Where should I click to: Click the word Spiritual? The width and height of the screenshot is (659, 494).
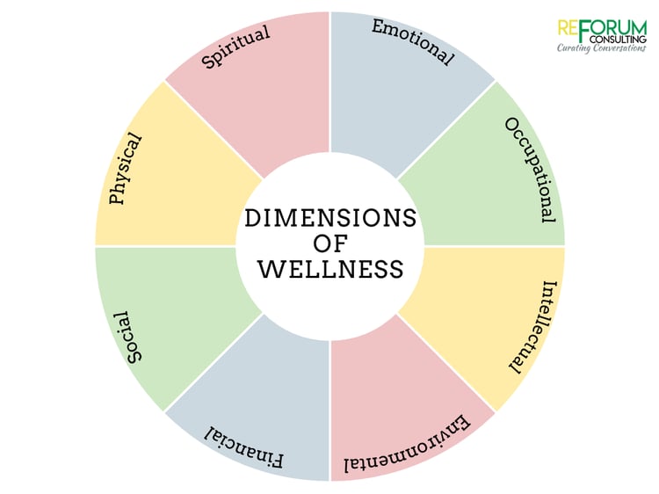[235, 47]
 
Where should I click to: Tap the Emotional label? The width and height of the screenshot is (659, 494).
[413, 42]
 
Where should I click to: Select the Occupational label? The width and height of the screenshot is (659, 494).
[531, 170]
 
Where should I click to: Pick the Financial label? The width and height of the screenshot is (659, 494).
[243, 447]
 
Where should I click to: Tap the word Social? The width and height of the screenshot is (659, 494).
[134, 338]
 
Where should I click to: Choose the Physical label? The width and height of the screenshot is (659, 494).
[126, 169]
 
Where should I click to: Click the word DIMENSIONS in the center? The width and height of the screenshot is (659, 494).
[330, 218]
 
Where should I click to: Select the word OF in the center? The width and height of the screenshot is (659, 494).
[330, 243]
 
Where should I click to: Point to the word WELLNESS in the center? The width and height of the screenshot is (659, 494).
[330, 270]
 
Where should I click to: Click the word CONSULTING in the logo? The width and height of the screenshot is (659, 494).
[619, 40]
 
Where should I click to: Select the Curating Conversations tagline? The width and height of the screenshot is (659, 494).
[601, 48]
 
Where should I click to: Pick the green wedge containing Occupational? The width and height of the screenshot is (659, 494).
[483, 181]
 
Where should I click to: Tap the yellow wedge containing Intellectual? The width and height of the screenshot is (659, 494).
[483, 311]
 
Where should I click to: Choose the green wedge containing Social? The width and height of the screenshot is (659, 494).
[177, 311]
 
